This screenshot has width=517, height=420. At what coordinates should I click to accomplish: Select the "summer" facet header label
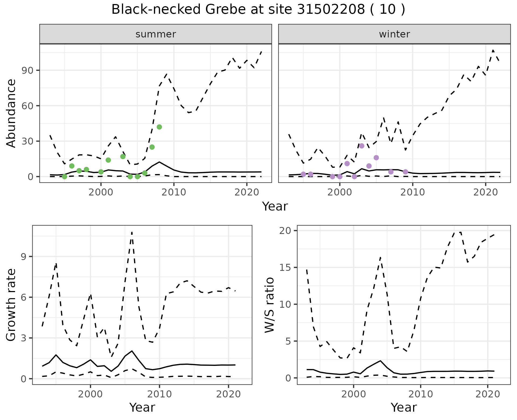(x=156, y=34)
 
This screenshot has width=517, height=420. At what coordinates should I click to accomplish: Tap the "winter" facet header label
(x=394, y=34)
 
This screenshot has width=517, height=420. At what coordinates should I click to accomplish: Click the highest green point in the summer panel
(x=159, y=127)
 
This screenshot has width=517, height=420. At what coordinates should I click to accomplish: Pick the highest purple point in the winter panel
(x=362, y=146)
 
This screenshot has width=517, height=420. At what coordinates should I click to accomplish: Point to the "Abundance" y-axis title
(x=11, y=113)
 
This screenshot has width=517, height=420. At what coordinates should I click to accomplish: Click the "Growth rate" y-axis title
(x=11, y=305)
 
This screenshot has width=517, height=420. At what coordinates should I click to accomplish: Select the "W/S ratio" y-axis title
(x=269, y=305)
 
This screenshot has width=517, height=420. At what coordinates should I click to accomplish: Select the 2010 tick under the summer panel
(x=174, y=192)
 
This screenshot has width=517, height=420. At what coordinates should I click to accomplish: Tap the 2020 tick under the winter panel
(x=485, y=192)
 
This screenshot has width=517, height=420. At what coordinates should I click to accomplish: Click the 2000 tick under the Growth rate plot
(x=90, y=394)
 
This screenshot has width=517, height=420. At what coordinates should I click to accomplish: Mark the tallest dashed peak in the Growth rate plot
(x=132, y=232)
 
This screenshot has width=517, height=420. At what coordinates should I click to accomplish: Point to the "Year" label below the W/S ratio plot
(x=404, y=408)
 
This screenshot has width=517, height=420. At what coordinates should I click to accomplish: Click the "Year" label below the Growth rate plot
(x=142, y=408)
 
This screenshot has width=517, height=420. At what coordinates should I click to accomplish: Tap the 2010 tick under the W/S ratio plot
(x=420, y=394)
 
